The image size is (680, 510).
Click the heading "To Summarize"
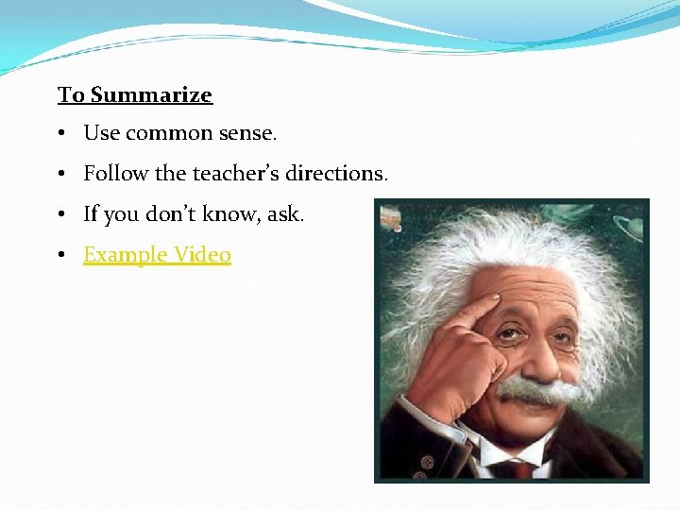pos(135,95)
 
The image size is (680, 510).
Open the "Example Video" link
pos(157,255)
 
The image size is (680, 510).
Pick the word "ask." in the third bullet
pos(285,214)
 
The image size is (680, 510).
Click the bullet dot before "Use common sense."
pos(59,134)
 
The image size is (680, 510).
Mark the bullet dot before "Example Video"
pos(59,255)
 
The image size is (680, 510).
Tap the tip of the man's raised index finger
pos(493,301)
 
